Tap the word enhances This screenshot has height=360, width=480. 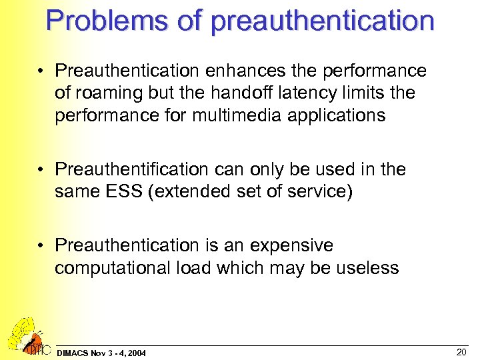[x=238, y=71]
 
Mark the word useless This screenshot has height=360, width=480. [x=367, y=269]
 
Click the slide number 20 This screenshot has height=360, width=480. [x=461, y=351]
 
